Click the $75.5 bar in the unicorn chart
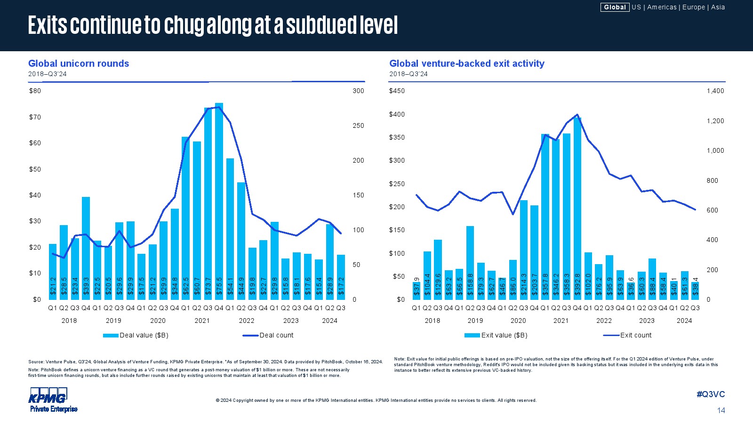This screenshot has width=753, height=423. click(x=219, y=202)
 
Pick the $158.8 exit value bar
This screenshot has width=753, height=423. click(x=470, y=263)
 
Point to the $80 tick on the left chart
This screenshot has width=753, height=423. click(x=35, y=91)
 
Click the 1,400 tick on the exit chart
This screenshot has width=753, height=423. click(x=715, y=91)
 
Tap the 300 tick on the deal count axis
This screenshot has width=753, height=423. click(x=358, y=91)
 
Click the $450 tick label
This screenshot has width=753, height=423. click(x=397, y=91)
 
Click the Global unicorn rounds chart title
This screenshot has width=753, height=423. click(x=79, y=63)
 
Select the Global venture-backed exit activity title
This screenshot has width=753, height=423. click(x=466, y=63)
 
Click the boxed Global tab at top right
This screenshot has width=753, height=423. click(x=615, y=7)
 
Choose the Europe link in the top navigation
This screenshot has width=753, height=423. click(x=694, y=7)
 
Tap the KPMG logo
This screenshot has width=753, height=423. click(x=48, y=399)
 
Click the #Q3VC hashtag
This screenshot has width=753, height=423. click(x=711, y=394)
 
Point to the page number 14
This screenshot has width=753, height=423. click(x=721, y=411)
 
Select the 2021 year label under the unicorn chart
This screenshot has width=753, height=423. click(x=202, y=321)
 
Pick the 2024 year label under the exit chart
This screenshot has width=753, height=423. click(x=684, y=321)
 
